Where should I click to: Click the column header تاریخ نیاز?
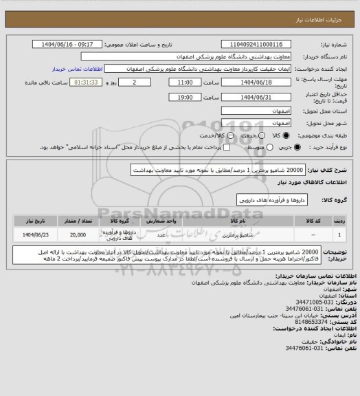[x=34, y=221]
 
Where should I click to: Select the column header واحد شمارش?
[x=159, y=221]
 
